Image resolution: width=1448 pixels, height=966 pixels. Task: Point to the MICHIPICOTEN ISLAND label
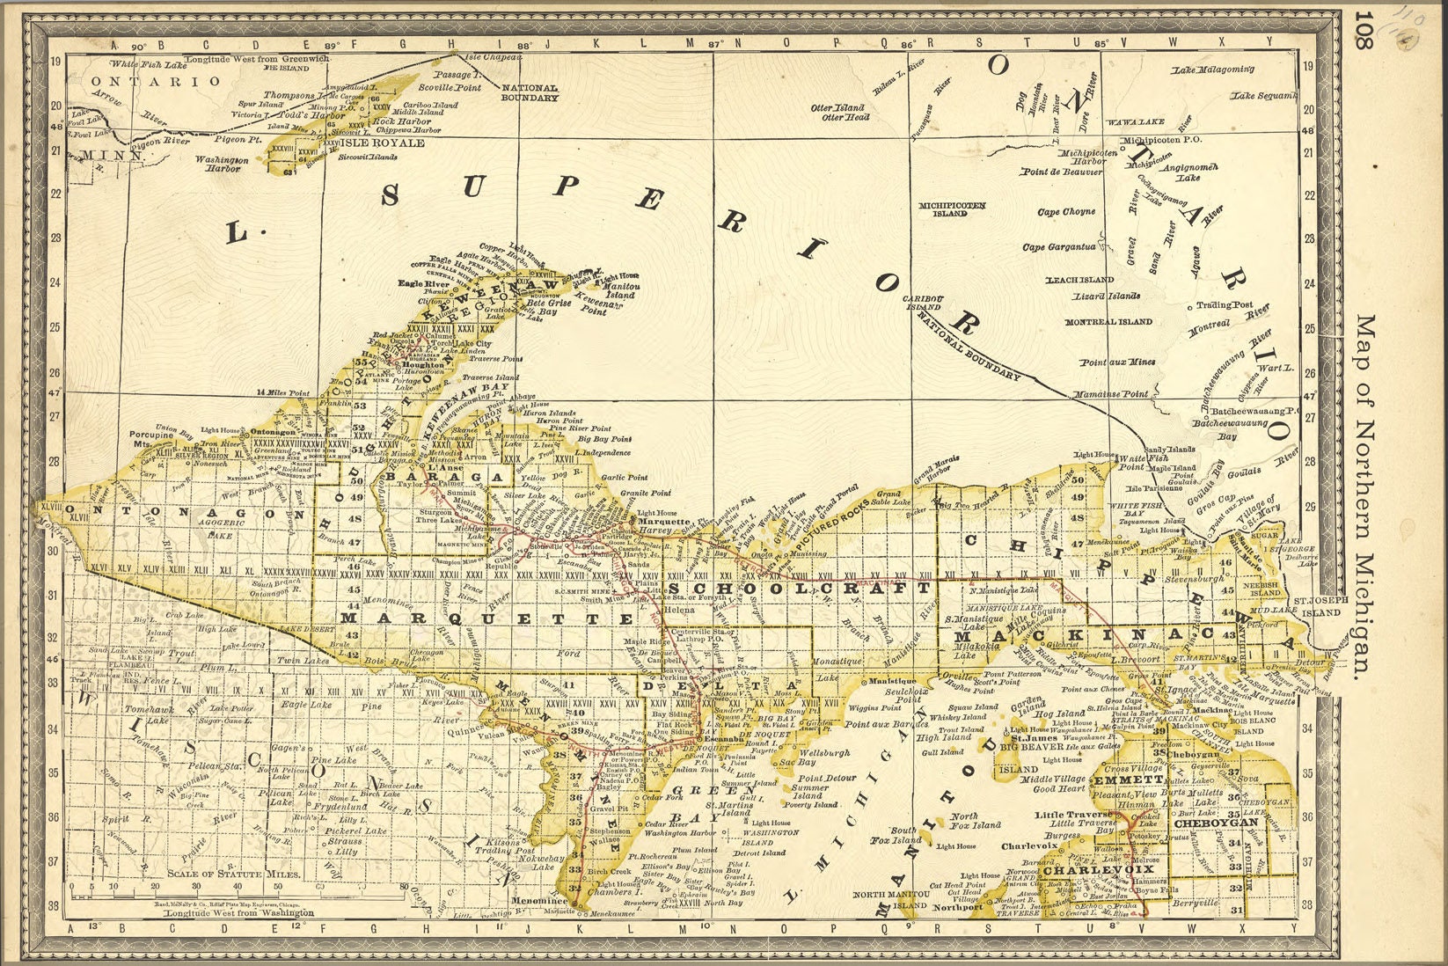[x=952, y=209]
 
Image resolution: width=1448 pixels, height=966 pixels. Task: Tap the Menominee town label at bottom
[x=539, y=901]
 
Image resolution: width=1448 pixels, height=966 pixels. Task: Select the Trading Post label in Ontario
[x=1224, y=305]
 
